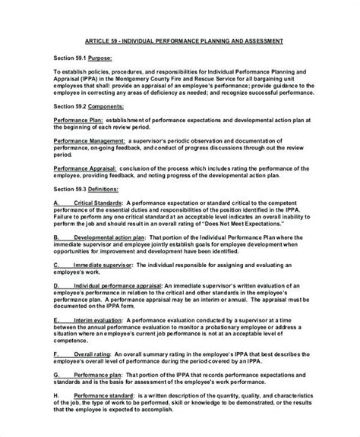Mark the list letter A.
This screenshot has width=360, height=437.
57,203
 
